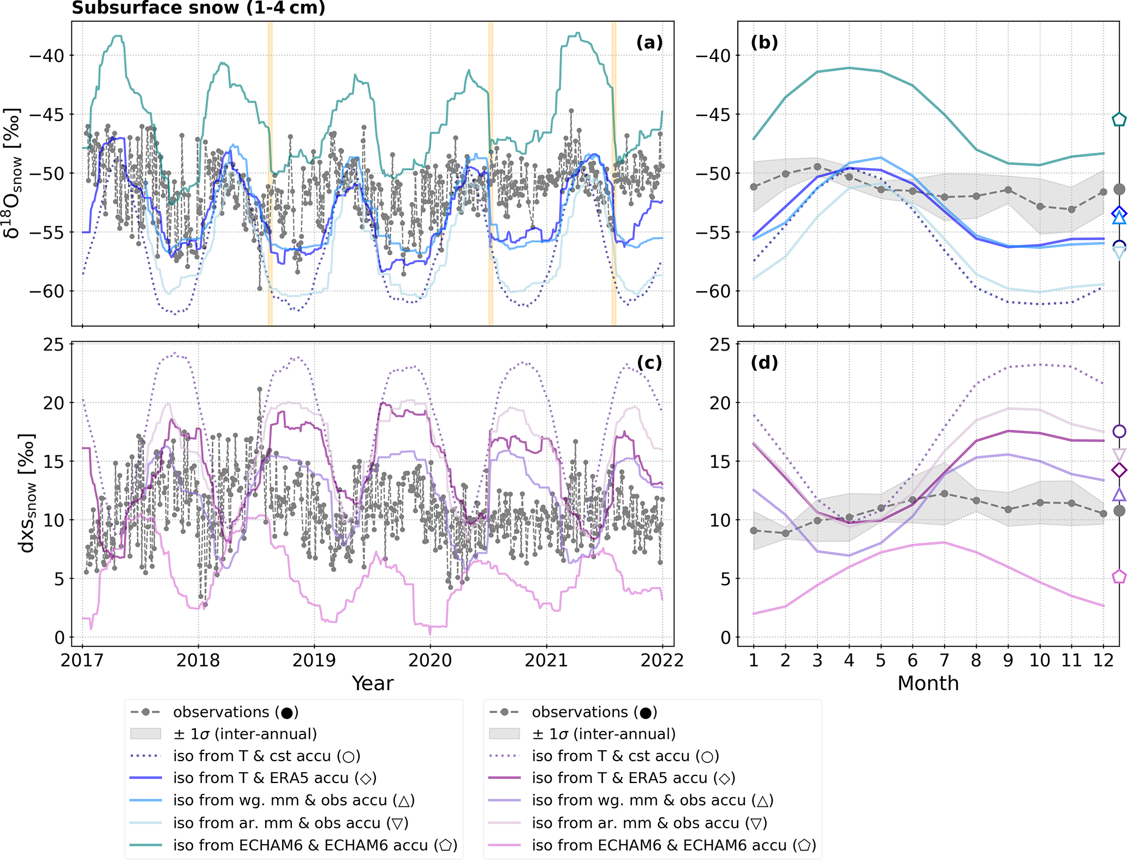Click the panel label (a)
pyautogui.click(x=649, y=43)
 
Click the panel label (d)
pyautogui.click(x=764, y=363)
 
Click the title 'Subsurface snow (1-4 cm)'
pyautogui.click(x=199, y=8)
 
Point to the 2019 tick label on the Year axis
pyautogui.click(x=314, y=660)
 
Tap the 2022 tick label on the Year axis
pyautogui.click(x=662, y=660)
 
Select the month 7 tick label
pyautogui.click(x=944, y=660)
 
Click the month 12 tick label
pyautogui.click(x=1103, y=660)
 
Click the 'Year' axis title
pyautogui.click(x=372, y=683)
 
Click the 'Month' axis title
pyautogui.click(x=928, y=683)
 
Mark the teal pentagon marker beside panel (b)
pyautogui.click(x=1119, y=120)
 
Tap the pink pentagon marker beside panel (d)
pyautogui.click(x=1119, y=577)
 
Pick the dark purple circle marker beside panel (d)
pyautogui.click(x=1119, y=431)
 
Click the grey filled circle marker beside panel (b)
pyautogui.click(x=1119, y=189)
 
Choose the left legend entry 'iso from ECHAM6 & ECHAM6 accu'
pyautogui.click(x=315, y=845)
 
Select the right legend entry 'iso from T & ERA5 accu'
pyautogui.click(x=634, y=778)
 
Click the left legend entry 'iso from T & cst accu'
pyautogui.click(x=266, y=756)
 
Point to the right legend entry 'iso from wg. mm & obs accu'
pyautogui.click(x=652, y=800)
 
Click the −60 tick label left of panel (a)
pyautogui.click(x=46, y=291)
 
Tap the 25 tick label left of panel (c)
pyautogui.click(x=53, y=345)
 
